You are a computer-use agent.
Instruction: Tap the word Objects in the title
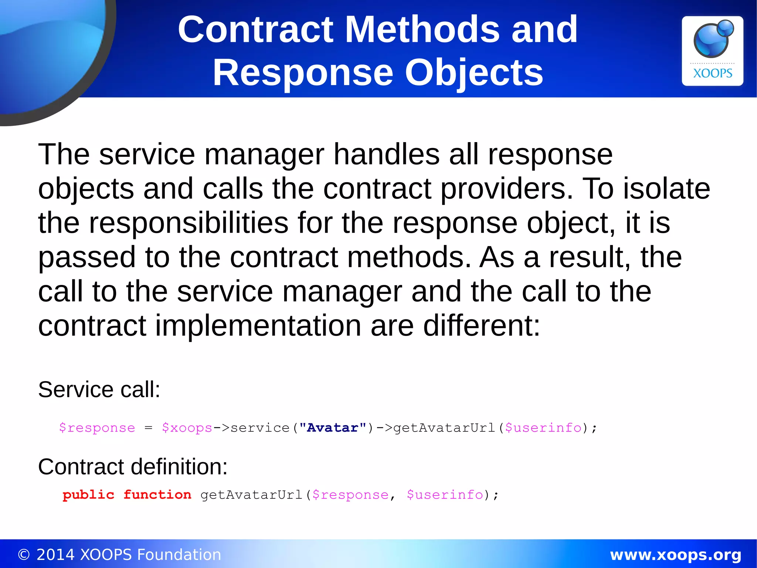click(x=474, y=73)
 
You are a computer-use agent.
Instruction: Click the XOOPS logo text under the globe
click(x=712, y=73)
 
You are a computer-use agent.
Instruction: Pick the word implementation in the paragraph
click(x=258, y=326)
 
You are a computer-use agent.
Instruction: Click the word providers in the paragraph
click(x=507, y=189)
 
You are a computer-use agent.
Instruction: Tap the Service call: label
click(x=99, y=390)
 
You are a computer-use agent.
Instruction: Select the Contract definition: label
click(x=133, y=467)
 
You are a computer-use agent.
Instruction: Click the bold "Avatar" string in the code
click(x=333, y=428)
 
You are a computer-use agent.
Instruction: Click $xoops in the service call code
click(x=187, y=428)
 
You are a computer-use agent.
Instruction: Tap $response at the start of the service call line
click(x=97, y=428)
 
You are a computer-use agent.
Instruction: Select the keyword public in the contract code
click(x=89, y=495)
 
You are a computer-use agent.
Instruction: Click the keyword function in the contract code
click(x=157, y=495)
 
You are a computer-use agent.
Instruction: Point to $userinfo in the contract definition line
click(x=445, y=495)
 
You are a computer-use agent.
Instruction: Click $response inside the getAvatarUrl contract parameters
click(x=350, y=495)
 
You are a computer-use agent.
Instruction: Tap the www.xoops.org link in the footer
click(x=675, y=555)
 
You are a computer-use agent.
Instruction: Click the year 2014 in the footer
click(x=55, y=555)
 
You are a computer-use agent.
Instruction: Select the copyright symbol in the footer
click(x=24, y=555)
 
